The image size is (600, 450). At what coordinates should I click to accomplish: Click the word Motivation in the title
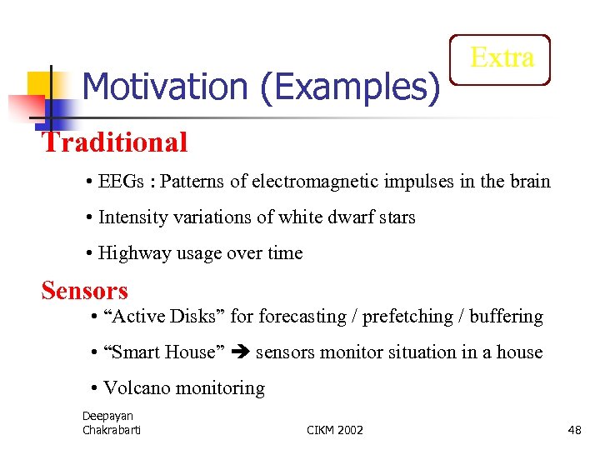(x=166, y=86)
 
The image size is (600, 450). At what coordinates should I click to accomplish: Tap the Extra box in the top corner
(x=501, y=58)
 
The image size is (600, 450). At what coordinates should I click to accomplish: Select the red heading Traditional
(x=115, y=142)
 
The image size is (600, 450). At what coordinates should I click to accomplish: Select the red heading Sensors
(x=85, y=291)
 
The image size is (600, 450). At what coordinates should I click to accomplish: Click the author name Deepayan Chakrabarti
(x=112, y=422)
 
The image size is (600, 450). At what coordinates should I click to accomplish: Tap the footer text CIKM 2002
(x=335, y=430)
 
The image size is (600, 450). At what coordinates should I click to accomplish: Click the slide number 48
(x=574, y=430)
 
